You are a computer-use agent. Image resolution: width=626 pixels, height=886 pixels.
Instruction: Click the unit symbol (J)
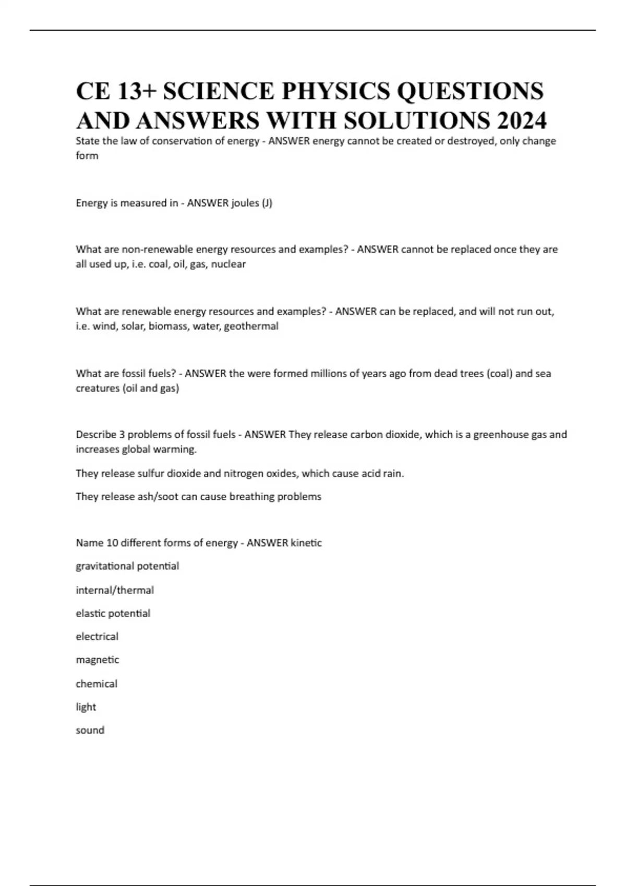tap(266, 203)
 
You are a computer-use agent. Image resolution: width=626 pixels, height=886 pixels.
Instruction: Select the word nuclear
tap(228, 264)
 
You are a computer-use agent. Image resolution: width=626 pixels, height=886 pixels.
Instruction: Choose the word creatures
tap(98, 388)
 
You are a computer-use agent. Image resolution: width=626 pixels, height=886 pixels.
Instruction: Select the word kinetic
tap(306, 543)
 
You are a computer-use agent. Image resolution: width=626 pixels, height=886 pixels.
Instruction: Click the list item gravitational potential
tap(127, 567)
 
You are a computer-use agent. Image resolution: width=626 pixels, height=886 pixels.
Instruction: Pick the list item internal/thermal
tap(115, 590)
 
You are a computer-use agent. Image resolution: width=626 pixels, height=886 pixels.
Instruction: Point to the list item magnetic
tap(98, 660)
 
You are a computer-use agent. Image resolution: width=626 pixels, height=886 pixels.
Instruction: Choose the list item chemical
tap(97, 684)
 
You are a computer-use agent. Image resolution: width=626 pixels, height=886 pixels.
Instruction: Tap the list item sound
tap(90, 730)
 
